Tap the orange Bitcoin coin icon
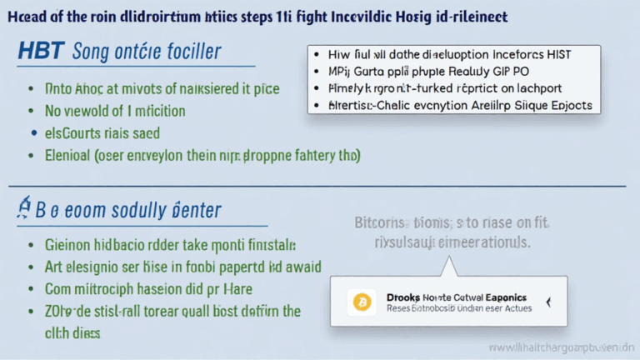tap(362, 301)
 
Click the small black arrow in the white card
tap(547, 302)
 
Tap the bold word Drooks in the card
tap(406, 296)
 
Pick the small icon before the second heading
tap(24, 208)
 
